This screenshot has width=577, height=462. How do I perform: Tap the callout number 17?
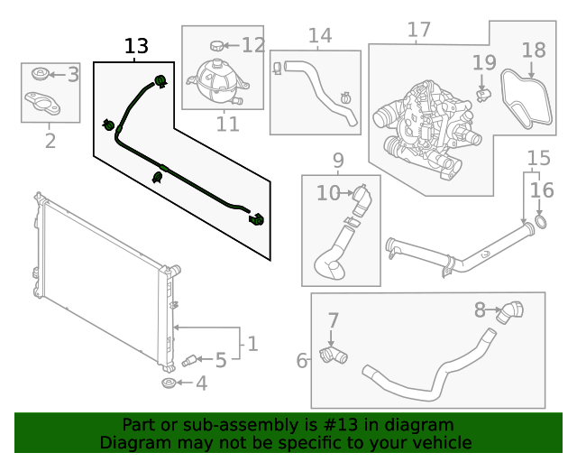click(x=419, y=31)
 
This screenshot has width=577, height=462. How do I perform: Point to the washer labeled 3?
click(x=41, y=74)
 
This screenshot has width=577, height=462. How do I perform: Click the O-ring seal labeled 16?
click(x=540, y=221)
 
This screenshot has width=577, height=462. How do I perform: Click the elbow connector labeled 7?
click(x=334, y=357)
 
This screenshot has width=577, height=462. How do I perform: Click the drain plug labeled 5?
click(x=189, y=361)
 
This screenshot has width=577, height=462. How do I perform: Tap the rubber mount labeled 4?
click(x=169, y=385)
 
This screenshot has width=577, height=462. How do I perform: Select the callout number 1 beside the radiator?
click(x=252, y=344)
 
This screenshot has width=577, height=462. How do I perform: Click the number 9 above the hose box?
click(x=338, y=162)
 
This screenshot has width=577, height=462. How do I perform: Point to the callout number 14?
click(x=320, y=36)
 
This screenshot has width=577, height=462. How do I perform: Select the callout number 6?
click(x=302, y=361)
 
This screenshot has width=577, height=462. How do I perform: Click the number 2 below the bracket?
click(x=50, y=141)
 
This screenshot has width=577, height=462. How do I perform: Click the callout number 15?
click(x=537, y=159)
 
